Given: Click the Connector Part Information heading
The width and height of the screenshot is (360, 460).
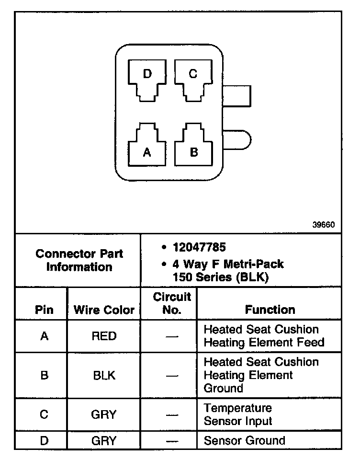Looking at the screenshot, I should (x=79, y=260).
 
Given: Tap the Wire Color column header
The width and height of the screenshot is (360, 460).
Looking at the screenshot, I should (x=104, y=310).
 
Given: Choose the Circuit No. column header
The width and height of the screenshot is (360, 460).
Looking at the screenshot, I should (x=171, y=303).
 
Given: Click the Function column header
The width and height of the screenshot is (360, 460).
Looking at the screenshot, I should (x=270, y=310).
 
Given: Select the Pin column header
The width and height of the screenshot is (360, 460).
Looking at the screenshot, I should (x=44, y=310).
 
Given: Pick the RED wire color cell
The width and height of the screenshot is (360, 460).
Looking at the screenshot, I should (x=104, y=336).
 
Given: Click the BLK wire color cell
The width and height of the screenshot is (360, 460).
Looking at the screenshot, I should (x=104, y=375).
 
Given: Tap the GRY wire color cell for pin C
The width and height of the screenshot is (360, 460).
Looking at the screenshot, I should (x=104, y=414).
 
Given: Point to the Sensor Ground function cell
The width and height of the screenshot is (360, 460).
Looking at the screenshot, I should (x=244, y=440).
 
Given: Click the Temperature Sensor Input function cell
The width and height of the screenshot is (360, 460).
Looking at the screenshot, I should (x=238, y=414).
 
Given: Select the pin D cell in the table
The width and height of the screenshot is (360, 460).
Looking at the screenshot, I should (x=44, y=440).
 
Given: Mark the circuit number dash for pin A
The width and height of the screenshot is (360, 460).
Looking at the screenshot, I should (x=171, y=336).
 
